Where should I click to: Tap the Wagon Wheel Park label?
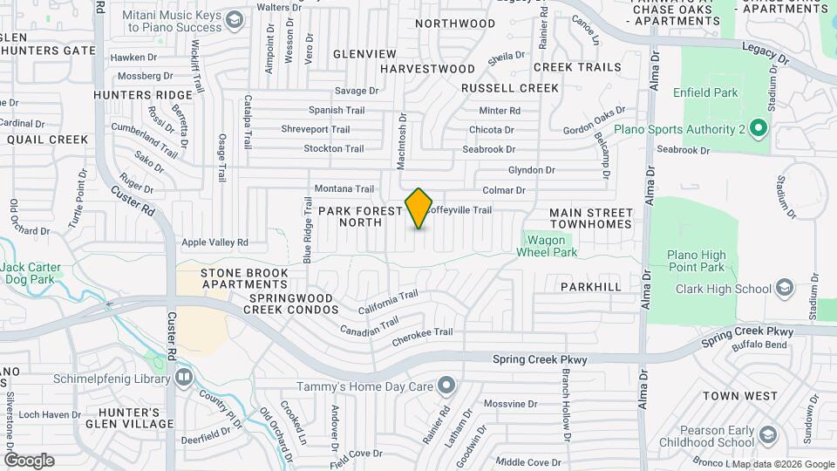pyautogui.click(x=547, y=245)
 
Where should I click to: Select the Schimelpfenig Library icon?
pyautogui.click(x=184, y=377)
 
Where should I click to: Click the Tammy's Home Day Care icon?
pyautogui.click(x=446, y=386)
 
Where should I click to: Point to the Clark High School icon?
pyautogui.click(x=784, y=289)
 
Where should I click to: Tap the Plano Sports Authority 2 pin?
pyautogui.click(x=758, y=130)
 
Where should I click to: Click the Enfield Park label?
pyautogui.click(x=705, y=92)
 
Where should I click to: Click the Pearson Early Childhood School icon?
pyautogui.click(x=768, y=435)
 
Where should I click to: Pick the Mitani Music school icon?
pyautogui.click(x=234, y=20)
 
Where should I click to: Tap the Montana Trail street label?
pyautogui.click(x=344, y=188)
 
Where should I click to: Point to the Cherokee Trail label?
pyautogui.click(x=422, y=333)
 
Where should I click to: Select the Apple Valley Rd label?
pyautogui.click(x=214, y=242)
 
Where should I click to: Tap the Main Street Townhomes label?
pyautogui.click(x=590, y=218)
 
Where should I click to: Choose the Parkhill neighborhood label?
pyautogui.click(x=590, y=286)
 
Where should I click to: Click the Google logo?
pyautogui.click(x=29, y=461)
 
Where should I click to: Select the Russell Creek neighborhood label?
pyautogui.click(x=509, y=88)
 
